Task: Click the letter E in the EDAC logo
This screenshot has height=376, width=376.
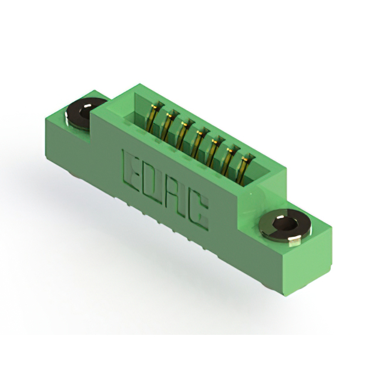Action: pos(131,170)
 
